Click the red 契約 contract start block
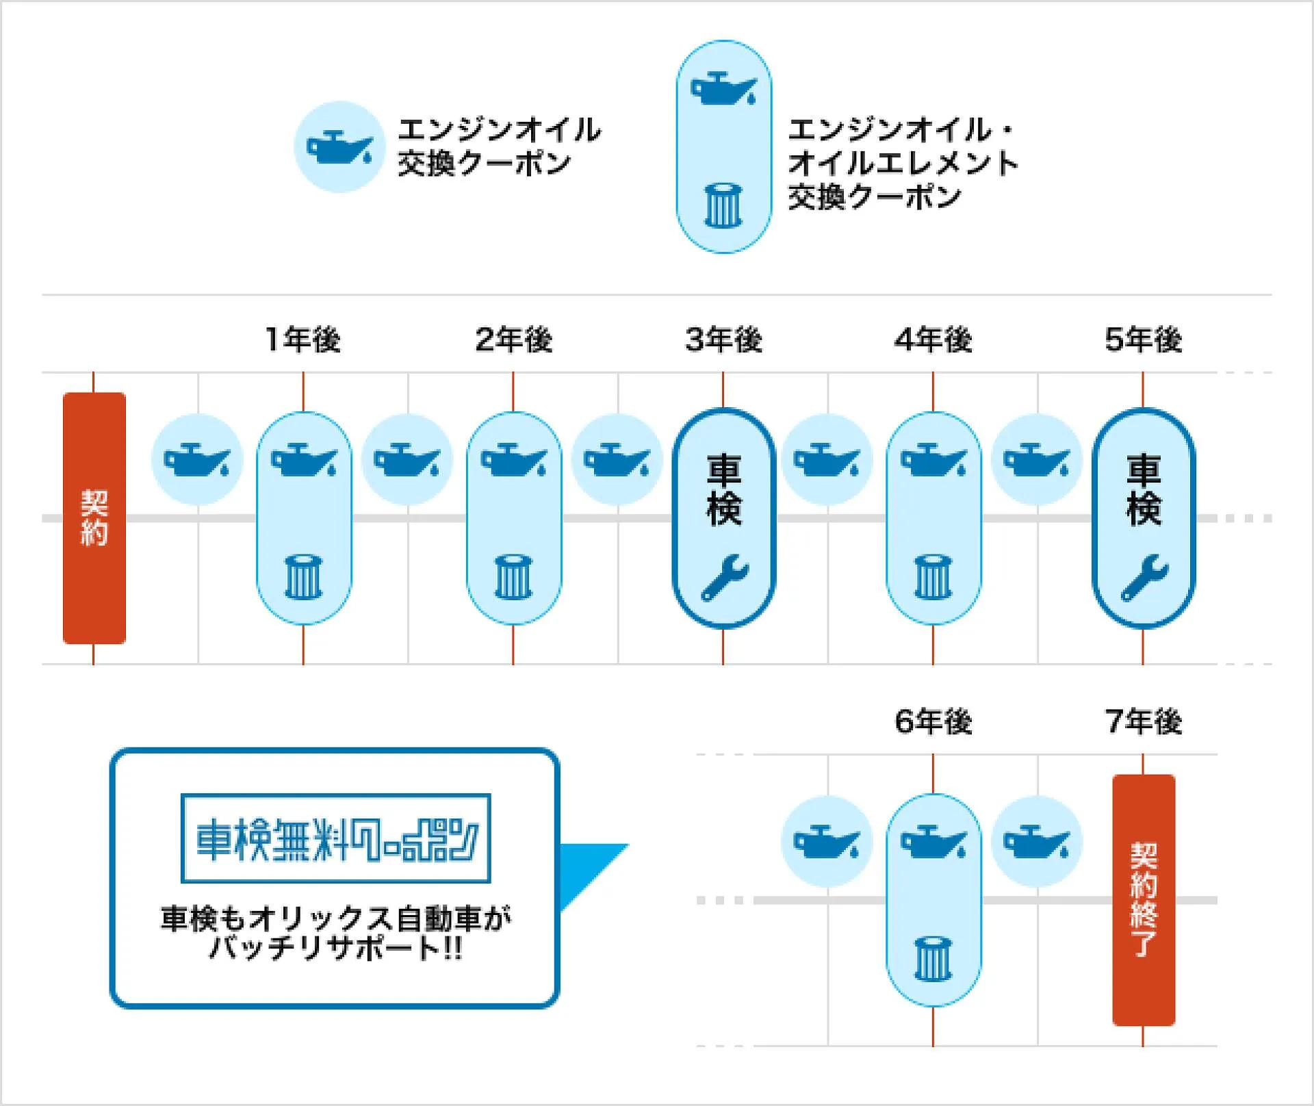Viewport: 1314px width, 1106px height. (94, 518)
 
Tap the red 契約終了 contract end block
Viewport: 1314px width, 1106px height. (1144, 900)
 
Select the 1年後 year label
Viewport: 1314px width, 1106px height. (303, 339)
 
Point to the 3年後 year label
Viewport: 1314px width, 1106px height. (723, 339)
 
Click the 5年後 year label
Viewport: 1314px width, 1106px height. (1144, 339)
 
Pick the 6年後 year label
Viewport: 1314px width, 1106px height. (933, 721)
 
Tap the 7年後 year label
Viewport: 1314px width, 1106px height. (1144, 721)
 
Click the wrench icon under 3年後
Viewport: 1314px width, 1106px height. (725, 578)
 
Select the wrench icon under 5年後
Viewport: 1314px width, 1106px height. (1145, 578)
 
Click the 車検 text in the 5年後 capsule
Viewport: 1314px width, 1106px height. (1144, 490)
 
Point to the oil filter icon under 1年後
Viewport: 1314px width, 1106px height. (303, 577)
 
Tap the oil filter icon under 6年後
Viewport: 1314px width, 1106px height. (933, 959)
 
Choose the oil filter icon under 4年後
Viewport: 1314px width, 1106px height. (933, 577)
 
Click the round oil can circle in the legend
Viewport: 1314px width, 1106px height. (339, 146)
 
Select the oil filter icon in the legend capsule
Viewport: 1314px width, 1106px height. (723, 205)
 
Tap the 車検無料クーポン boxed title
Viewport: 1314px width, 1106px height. (336, 838)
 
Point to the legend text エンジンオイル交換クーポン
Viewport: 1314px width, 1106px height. (500, 146)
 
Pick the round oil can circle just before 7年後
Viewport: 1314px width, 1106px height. (1038, 842)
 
